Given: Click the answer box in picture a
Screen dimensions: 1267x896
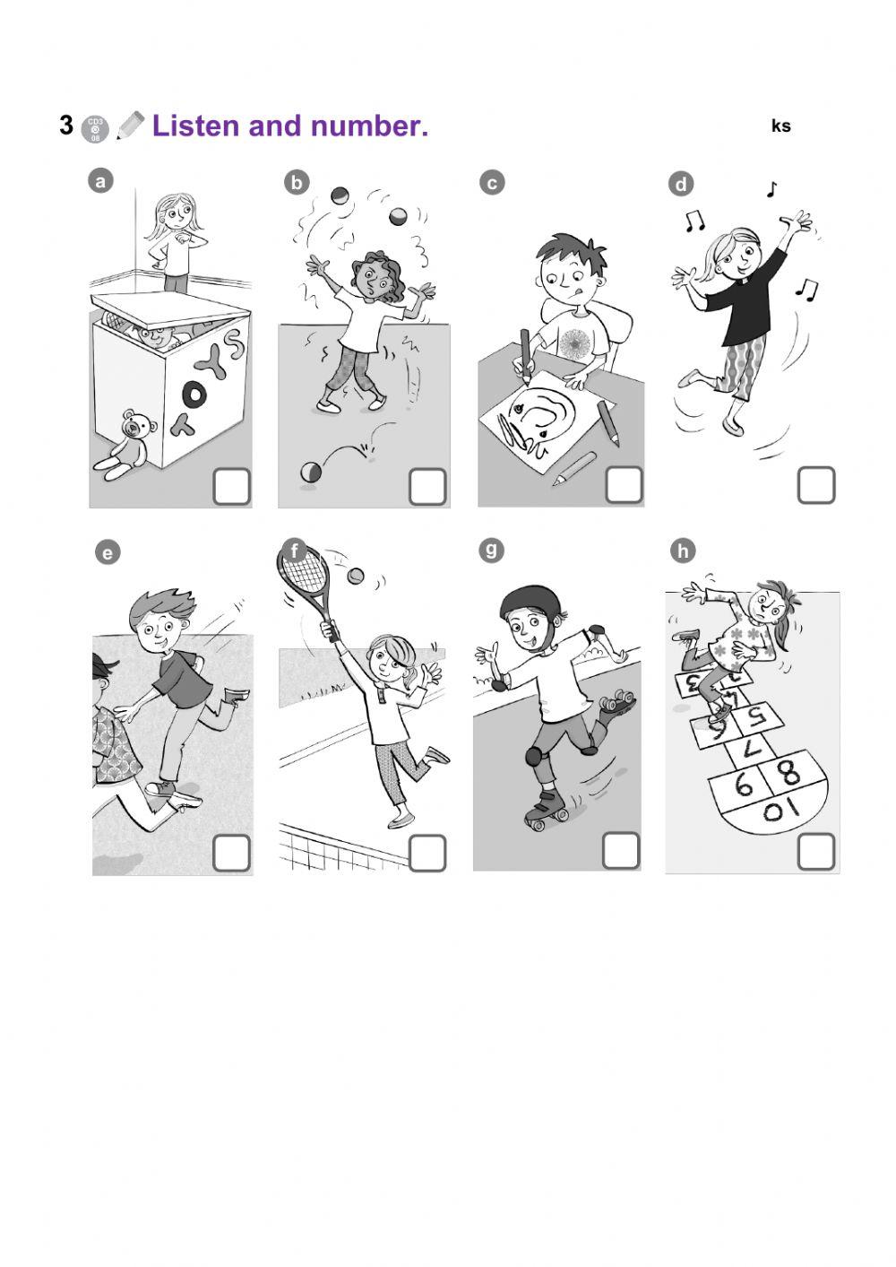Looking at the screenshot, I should point(231,487).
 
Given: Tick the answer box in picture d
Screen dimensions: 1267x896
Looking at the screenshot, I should point(815,485).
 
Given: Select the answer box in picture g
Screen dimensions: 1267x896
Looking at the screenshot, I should point(620,850).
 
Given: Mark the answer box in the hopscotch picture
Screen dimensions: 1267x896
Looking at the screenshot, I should point(815,851).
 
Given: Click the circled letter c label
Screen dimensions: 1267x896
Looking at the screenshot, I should point(491,183).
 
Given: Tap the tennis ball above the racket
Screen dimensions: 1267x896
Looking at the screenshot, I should point(357,575).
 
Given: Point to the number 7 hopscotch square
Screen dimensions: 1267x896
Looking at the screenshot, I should point(754,745).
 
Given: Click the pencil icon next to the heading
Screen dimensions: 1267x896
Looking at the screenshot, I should point(130,126).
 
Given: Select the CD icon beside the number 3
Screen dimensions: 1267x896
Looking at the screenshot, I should point(95,129).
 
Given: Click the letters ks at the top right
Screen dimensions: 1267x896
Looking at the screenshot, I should point(780,126).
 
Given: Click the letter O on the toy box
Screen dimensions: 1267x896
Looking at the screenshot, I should point(194,393).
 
